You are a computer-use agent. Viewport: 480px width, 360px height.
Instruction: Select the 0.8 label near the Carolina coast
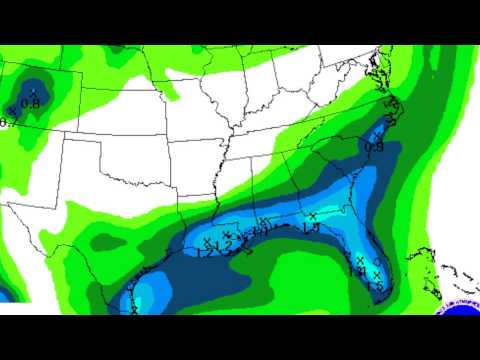coord(375,146)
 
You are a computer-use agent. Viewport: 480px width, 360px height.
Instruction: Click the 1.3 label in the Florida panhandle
coord(311,228)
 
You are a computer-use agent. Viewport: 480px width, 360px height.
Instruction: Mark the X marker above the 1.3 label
coord(313,216)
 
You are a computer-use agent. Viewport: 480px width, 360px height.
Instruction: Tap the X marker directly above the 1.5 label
coord(376,274)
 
